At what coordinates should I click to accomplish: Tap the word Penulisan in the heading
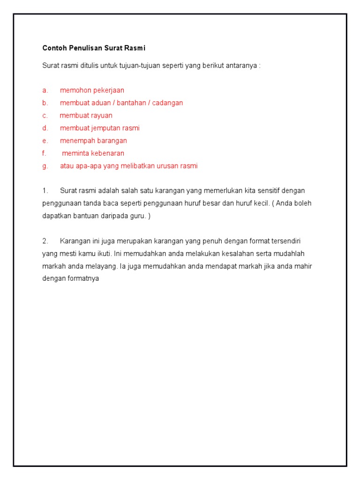pyautogui.click(x=85, y=48)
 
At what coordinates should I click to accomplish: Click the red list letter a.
pyautogui.click(x=45, y=90)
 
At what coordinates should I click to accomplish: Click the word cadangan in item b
pyautogui.click(x=167, y=103)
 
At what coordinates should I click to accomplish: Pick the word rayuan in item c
pyautogui.click(x=102, y=115)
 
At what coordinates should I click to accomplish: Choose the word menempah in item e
pyautogui.click(x=76, y=141)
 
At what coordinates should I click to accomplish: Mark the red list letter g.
pyautogui.click(x=45, y=166)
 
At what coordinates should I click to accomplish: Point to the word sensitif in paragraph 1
pyautogui.click(x=269, y=191)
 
